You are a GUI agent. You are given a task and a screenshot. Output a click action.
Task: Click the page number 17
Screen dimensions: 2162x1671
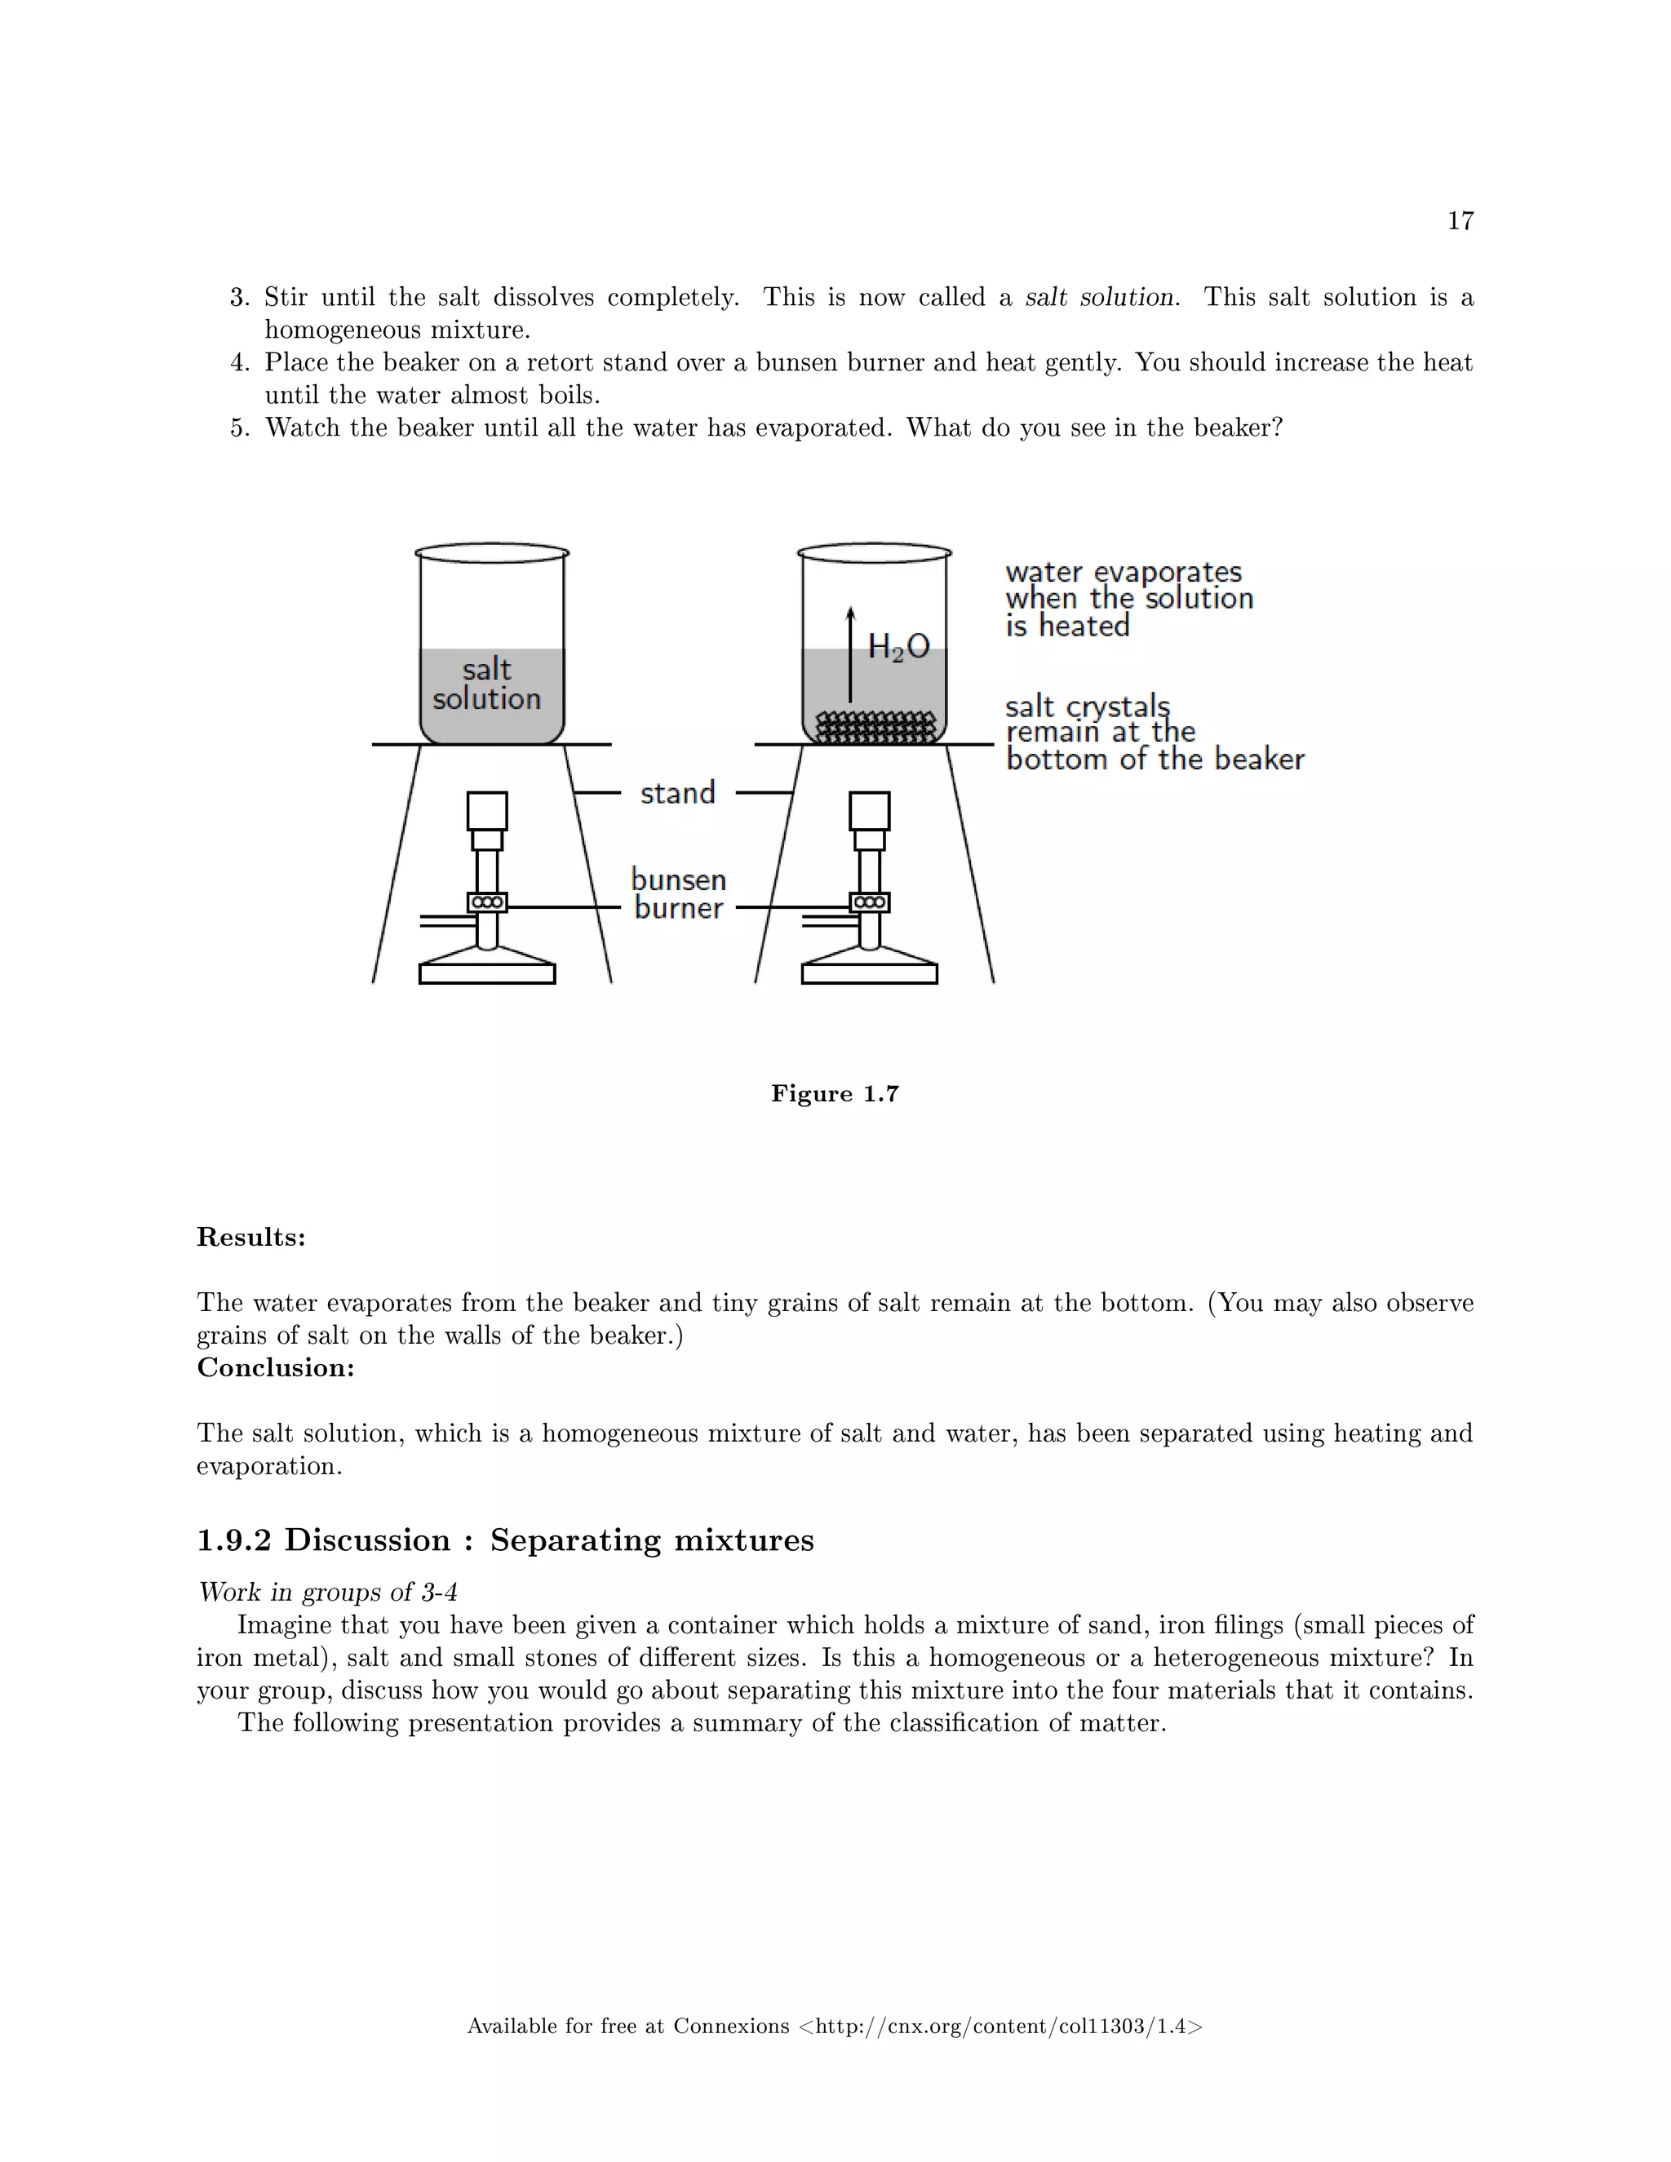1460,221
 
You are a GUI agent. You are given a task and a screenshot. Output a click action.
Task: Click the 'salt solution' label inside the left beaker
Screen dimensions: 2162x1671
486,684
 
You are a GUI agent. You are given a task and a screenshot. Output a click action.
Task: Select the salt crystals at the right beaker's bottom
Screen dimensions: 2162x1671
874,728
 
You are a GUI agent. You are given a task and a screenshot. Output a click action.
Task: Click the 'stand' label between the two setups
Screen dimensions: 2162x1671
677,793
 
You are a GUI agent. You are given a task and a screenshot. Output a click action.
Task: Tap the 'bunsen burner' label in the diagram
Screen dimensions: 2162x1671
679,894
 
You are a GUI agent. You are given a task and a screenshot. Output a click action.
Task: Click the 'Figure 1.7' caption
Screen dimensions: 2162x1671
835,1094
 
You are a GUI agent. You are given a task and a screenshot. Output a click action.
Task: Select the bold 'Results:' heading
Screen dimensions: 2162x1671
251,1238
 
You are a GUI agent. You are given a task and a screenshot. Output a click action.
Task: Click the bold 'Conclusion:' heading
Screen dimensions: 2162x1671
275,1367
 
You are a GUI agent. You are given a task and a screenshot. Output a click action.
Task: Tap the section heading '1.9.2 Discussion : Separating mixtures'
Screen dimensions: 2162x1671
505,1540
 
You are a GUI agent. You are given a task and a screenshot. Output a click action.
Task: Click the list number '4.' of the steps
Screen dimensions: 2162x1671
241,363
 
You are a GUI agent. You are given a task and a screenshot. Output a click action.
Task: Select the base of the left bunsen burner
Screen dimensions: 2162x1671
487,972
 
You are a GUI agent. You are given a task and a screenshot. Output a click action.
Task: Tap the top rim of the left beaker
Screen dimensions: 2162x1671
492,552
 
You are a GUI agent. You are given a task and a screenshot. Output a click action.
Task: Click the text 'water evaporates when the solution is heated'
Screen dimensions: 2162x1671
1128,599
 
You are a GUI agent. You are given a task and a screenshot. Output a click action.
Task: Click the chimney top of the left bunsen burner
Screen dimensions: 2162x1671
487,811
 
